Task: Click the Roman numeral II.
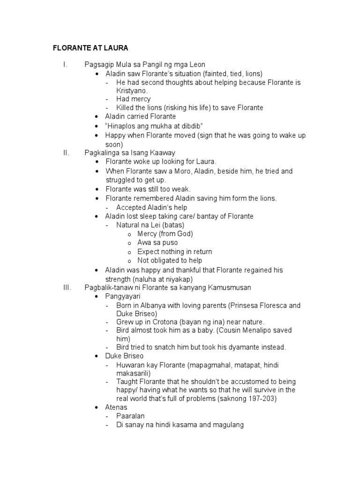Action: click(66, 153)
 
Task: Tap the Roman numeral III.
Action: click(67, 287)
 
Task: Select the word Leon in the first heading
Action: click(196, 65)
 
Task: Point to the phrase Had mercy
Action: click(133, 99)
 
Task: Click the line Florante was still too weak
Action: click(148, 189)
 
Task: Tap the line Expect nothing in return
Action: click(174, 252)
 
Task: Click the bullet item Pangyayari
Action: click(123, 297)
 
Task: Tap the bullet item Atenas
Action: click(116, 408)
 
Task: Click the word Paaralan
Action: click(131, 416)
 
